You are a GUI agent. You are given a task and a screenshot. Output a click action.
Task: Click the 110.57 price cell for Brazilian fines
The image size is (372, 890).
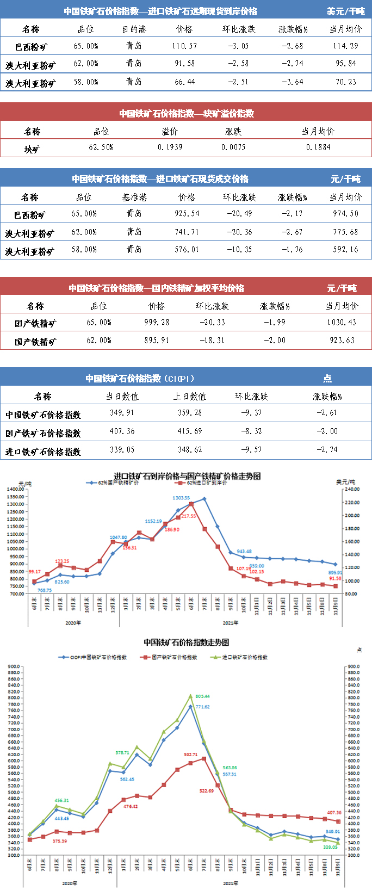click(x=185, y=46)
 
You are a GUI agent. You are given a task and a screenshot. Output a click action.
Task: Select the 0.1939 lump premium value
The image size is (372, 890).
click(x=170, y=147)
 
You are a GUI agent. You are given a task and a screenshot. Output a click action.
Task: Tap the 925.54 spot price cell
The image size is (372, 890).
click(x=187, y=214)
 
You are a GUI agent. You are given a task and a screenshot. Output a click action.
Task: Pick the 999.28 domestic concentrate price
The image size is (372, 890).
click(x=157, y=322)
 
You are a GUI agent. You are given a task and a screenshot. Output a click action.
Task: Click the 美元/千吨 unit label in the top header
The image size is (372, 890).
click(x=346, y=11)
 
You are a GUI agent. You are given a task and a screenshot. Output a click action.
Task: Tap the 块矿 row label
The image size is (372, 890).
click(x=32, y=148)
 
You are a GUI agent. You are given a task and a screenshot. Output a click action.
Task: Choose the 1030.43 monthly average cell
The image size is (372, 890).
click(x=342, y=322)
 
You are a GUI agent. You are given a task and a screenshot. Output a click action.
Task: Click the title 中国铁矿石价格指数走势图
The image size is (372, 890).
click(x=186, y=642)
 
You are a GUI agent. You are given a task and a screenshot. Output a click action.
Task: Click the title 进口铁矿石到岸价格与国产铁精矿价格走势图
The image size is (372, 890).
click(x=187, y=476)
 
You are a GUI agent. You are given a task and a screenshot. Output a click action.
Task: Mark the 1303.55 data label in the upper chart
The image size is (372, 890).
click(x=181, y=498)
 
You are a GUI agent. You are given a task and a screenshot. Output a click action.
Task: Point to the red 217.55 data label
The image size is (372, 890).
click(x=188, y=516)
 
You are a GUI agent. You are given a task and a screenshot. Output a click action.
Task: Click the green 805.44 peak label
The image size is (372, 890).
click(x=202, y=696)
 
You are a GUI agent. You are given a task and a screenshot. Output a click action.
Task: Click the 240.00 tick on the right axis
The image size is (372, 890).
click(x=352, y=489)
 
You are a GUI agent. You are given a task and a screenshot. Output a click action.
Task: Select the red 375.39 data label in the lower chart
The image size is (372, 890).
click(x=60, y=841)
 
